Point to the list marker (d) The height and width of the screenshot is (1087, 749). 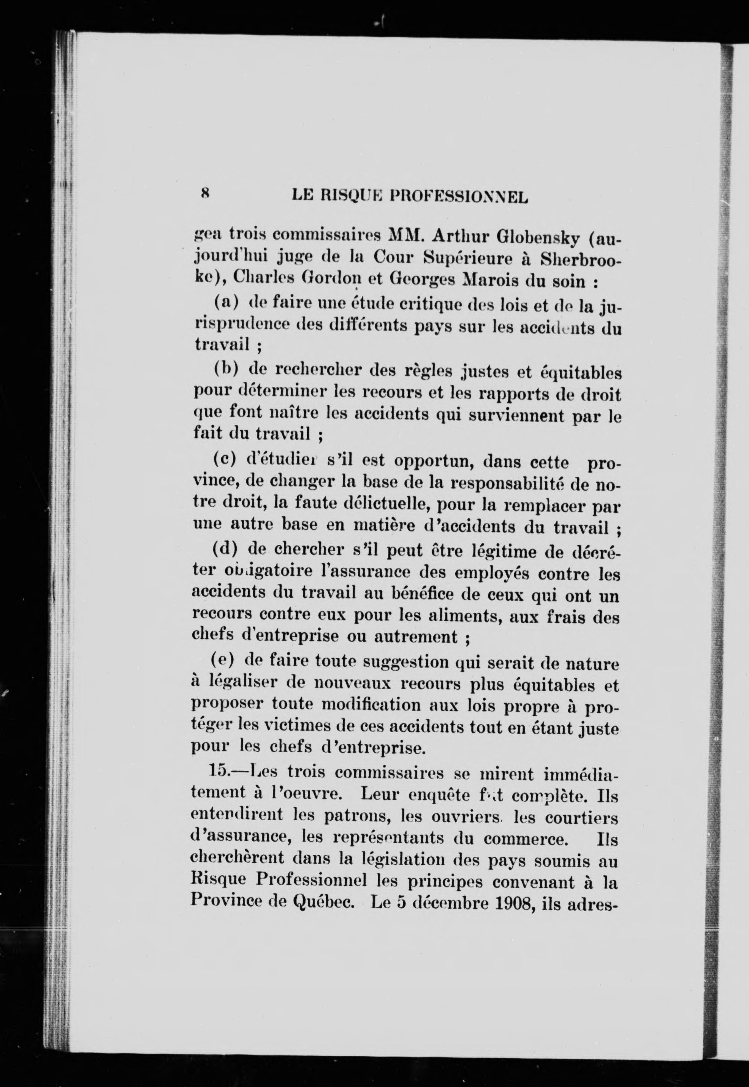(224, 549)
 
